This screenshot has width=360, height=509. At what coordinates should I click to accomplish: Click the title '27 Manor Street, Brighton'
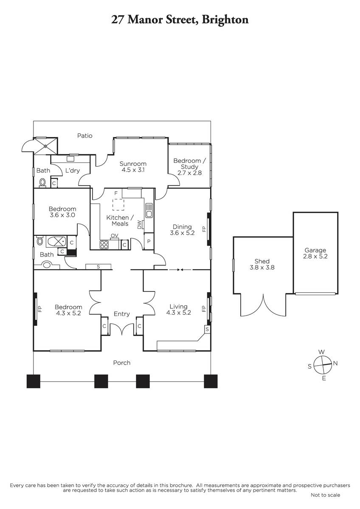coord(180,20)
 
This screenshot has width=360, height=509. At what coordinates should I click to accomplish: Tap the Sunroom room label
coord(133,164)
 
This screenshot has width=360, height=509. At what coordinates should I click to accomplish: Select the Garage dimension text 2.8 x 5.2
coord(315,256)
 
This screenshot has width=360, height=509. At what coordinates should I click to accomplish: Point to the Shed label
coord(262,261)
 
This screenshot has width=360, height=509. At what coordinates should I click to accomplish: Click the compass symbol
coord(323,365)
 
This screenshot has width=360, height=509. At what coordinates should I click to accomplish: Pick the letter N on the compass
coord(335,364)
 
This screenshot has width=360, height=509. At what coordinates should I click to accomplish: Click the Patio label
coord(84,136)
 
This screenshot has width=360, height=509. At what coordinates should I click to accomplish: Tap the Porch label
coord(122,363)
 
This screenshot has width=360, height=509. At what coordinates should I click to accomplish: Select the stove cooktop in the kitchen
coord(104,244)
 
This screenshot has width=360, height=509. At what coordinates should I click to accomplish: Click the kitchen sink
coord(149,210)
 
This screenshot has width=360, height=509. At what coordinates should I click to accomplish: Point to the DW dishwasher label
coord(139,224)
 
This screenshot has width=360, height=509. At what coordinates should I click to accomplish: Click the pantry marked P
coord(149,241)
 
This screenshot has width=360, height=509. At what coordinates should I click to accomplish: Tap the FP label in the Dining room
coord(204,229)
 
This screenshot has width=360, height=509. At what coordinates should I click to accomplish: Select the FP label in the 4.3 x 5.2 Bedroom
coord(40,309)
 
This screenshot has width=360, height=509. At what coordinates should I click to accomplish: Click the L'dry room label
coord(73,171)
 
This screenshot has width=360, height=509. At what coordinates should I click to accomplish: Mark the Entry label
coord(122,314)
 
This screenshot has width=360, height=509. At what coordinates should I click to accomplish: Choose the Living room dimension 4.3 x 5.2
coord(179,313)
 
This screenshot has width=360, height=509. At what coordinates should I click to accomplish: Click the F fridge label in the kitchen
coord(116,193)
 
